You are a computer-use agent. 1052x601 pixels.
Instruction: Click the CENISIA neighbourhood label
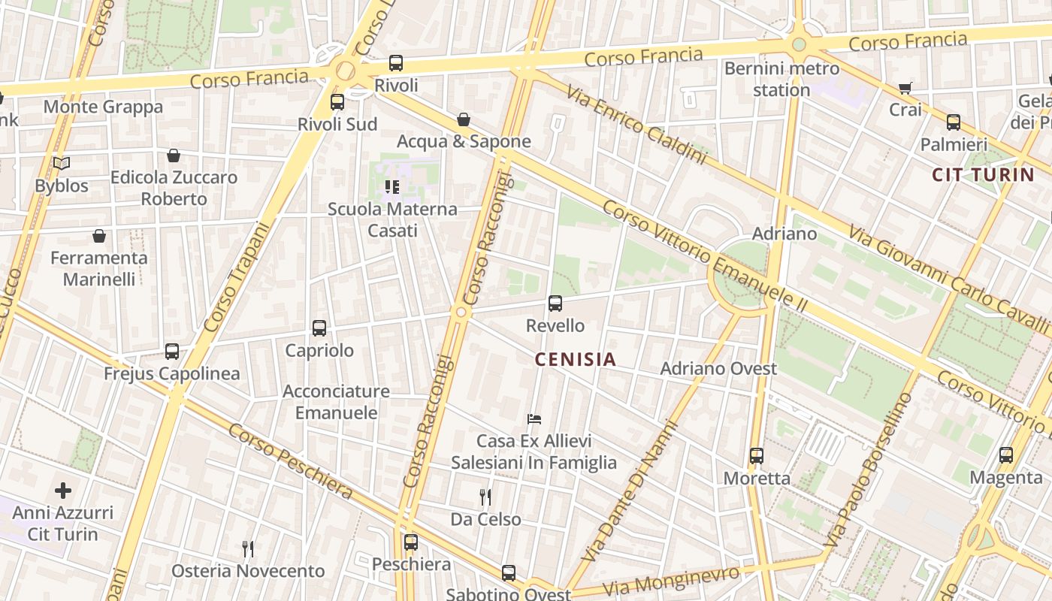(x=575, y=360)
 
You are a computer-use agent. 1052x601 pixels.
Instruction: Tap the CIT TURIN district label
(x=983, y=175)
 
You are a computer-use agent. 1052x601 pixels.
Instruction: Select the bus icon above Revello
(x=555, y=304)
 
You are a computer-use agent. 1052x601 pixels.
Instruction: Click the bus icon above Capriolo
(x=319, y=328)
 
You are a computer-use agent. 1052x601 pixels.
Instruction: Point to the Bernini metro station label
(x=781, y=79)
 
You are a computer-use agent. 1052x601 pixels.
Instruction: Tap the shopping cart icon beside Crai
(x=905, y=88)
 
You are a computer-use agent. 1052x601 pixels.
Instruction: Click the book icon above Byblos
(x=62, y=163)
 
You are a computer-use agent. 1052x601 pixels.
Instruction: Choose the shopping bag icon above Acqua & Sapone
(x=464, y=119)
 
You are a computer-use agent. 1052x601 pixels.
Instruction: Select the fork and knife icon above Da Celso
(x=485, y=497)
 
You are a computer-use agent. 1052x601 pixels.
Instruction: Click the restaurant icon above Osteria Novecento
(x=248, y=549)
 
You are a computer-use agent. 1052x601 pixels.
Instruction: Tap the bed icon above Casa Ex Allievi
(x=534, y=418)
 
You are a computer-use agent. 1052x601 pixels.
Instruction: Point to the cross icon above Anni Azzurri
(x=63, y=491)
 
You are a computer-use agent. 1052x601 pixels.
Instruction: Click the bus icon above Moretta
(x=757, y=456)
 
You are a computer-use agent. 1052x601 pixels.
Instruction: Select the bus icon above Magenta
(x=1006, y=455)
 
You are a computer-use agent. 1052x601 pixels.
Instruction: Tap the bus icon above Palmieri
(x=954, y=122)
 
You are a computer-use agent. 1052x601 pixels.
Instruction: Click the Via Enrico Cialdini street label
(x=636, y=125)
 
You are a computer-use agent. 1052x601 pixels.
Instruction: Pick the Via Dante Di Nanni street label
(x=630, y=491)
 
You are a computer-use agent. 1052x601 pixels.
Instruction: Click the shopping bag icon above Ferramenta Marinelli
(x=99, y=236)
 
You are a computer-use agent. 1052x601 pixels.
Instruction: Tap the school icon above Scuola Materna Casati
(x=391, y=186)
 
